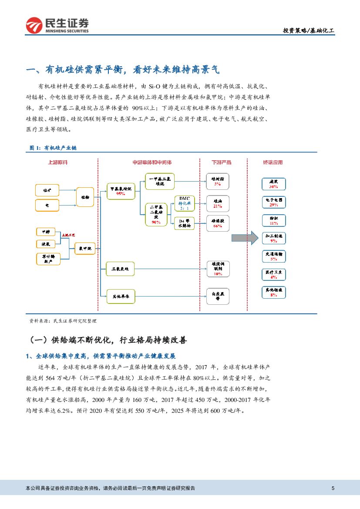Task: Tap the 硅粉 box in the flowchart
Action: (x=85, y=197)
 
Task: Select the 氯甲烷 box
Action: (x=85, y=249)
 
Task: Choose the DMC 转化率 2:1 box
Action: (x=184, y=203)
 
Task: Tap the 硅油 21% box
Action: (x=218, y=203)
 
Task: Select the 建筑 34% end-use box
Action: (x=273, y=184)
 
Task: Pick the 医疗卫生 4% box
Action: (x=273, y=274)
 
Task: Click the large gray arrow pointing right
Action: (x=245, y=238)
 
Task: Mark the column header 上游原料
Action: (x=58, y=163)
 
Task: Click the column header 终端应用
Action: (x=273, y=163)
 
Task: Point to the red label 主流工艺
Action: (x=68, y=235)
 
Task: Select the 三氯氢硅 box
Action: (x=121, y=269)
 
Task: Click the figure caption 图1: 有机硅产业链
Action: (x=53, y=148)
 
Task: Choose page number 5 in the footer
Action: (x=333, y=488)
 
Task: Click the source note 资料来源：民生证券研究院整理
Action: (x=63, y=321)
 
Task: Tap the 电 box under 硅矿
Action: (x=47, y=205)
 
